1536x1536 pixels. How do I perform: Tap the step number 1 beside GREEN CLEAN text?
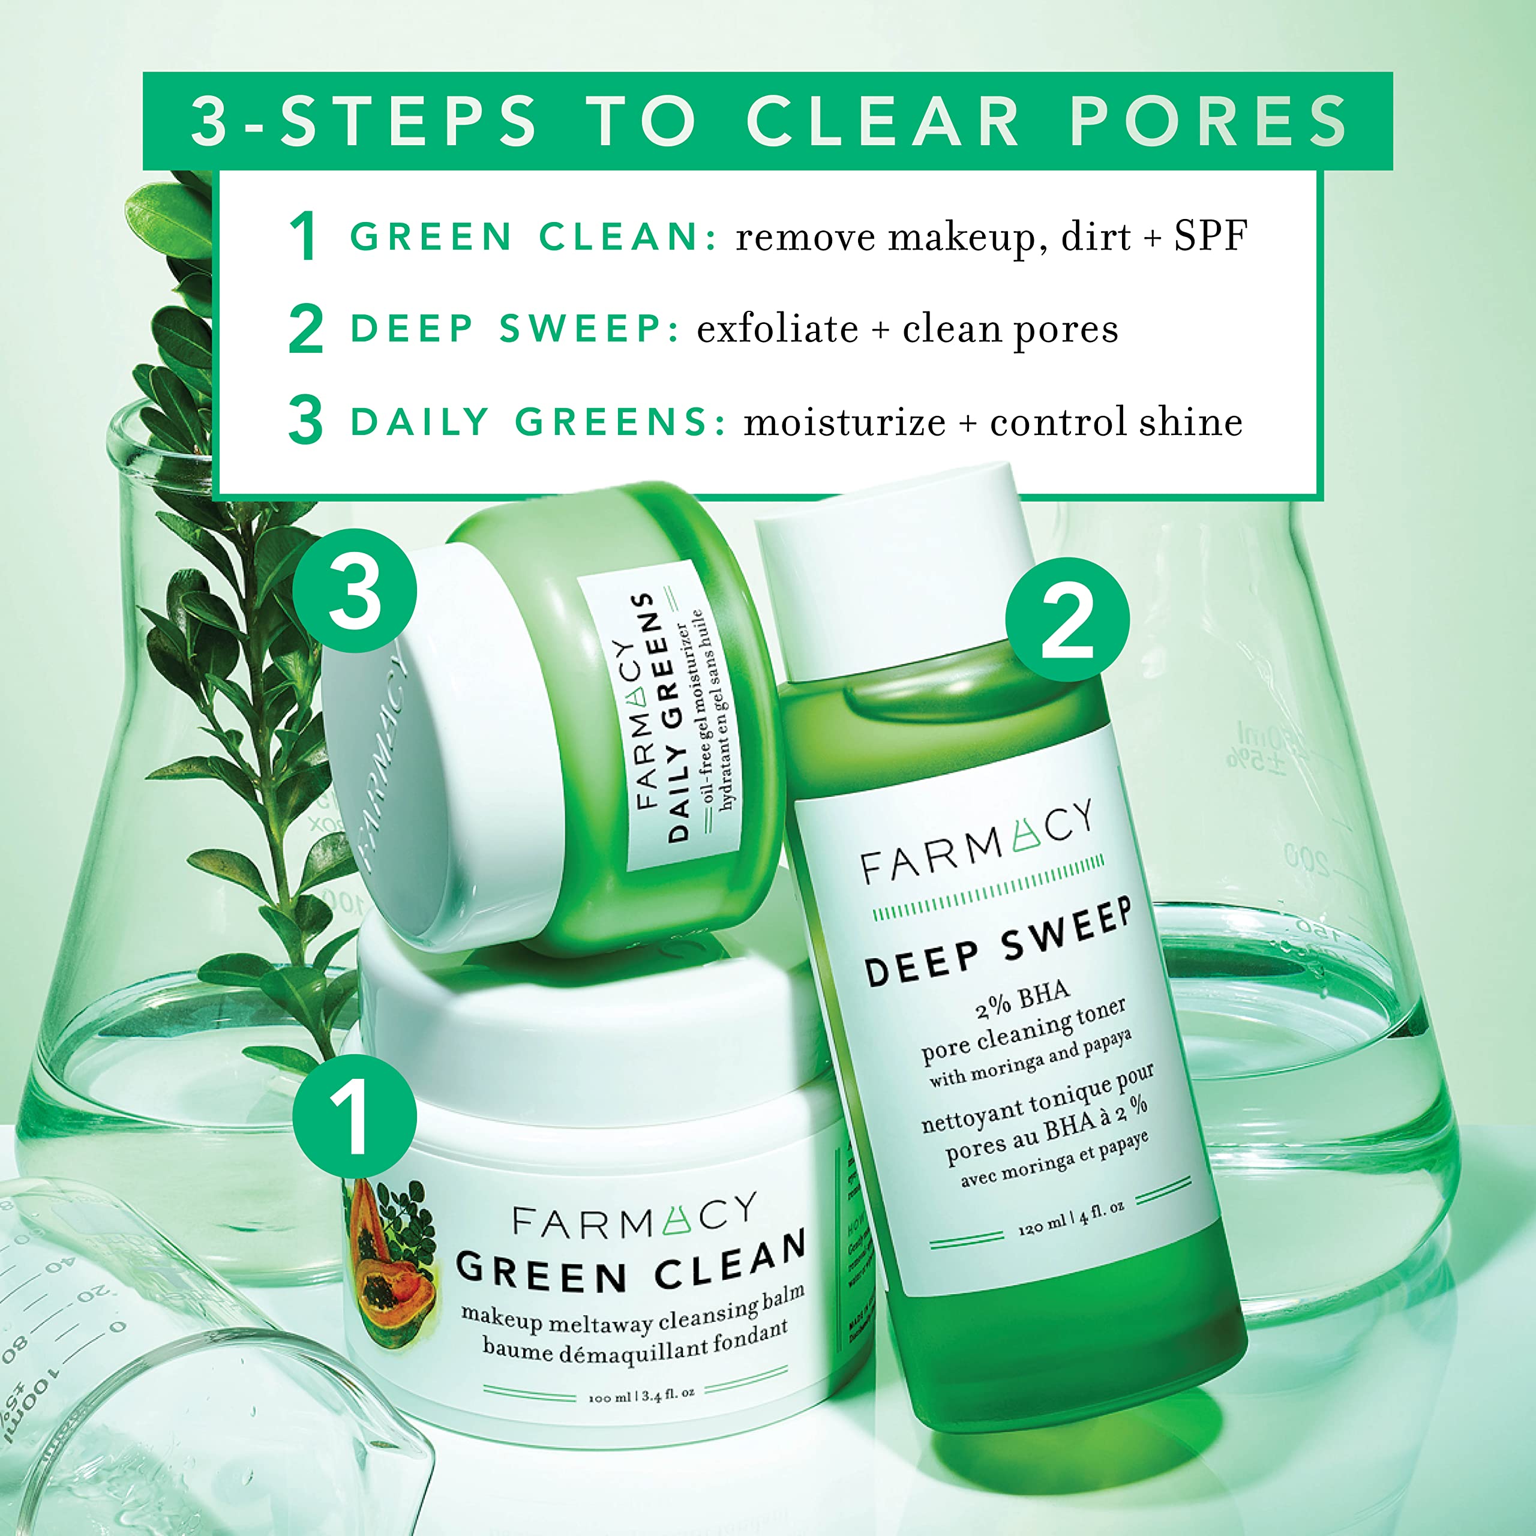point(304,237)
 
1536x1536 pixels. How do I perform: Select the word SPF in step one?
point(1210,236)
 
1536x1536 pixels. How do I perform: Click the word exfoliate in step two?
point(777,329)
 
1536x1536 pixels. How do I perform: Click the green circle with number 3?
point(355,591)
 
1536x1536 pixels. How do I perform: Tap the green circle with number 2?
point(1067,619)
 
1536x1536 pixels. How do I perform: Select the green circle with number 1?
point(354,1117)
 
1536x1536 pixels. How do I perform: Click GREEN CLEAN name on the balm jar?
point(631,1265)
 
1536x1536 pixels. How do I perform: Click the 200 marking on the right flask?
point(1306,860)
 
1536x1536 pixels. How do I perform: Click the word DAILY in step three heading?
point(419,422)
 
